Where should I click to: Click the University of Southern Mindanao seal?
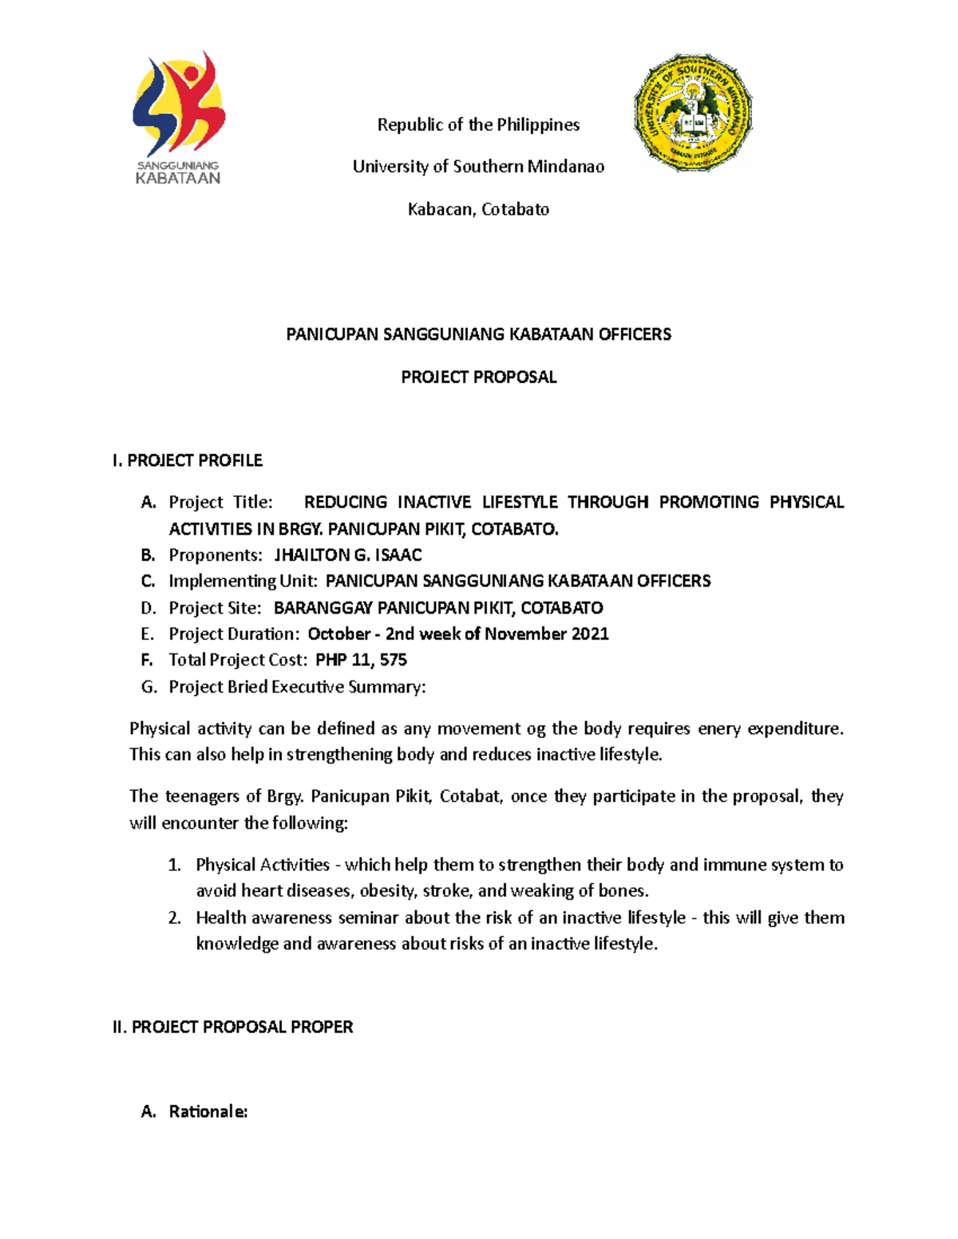(693, 112)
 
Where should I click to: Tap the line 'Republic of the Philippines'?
(478, 124)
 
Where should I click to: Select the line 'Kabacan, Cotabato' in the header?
(478, 209)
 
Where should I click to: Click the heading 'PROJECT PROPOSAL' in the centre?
(478, 377)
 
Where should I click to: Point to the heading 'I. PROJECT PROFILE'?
(188, 460)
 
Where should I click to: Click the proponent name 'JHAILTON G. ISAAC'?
(348, 554)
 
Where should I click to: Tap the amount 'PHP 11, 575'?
(362, 660)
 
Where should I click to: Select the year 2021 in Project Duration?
(590, 633)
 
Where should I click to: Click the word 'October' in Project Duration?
(339, 633)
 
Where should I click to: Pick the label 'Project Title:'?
(220, 502)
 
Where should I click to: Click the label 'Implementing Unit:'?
(243, 581)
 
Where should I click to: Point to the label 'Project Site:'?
(215, 608)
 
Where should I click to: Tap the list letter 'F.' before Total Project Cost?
(147, 660)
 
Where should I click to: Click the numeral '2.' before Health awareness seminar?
(175, 917)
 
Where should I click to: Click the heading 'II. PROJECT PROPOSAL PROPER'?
(233, 1027)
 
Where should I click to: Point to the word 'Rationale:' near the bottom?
(208, 1111)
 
